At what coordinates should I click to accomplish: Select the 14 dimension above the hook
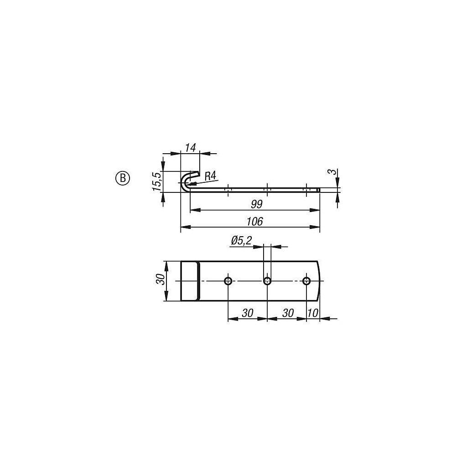pyautogui.click(x=191, y=147)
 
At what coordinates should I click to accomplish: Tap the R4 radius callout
pyautogui.click(x=210, y=176)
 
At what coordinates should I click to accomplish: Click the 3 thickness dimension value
pyautogui.click(x=333, y=172)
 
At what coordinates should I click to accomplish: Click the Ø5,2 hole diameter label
pyautogui.click(x=242, y=241)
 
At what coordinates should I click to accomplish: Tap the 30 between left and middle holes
pyautogui.click(x=248, y=313)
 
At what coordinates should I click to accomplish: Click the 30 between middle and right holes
pyautogui.click(x=287, y=313)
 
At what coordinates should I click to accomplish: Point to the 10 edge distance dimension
pyautogui.click(x=313, y=313)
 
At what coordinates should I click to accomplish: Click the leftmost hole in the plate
pyautogui.click(x=228, y=280)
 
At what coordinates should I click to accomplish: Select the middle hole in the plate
pyautogui.click(x=267, y=280)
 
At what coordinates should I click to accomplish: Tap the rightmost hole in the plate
pyautogui.click(x=306, y=280)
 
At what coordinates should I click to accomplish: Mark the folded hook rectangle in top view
pyautogui.click(x=190, y=280)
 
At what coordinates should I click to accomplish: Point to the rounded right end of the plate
pyautogui.click(x=319, y=280)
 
